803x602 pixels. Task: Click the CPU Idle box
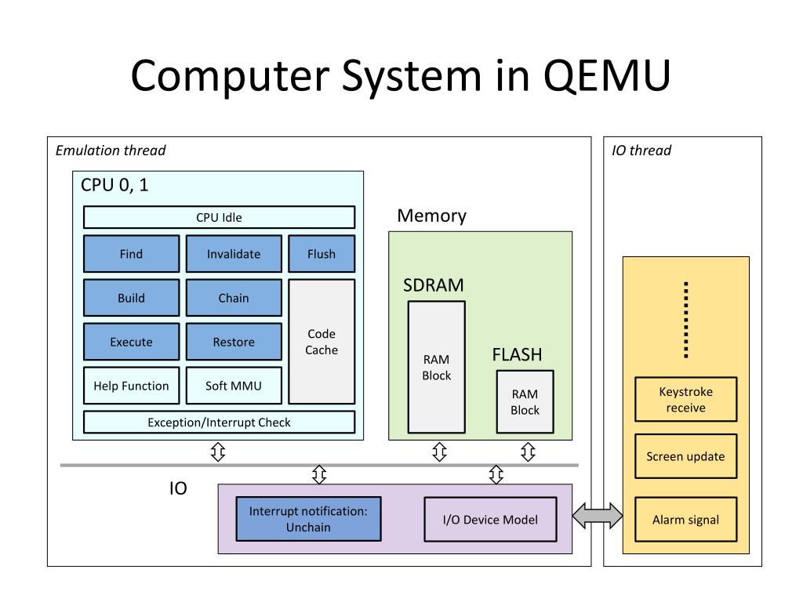(219, 217)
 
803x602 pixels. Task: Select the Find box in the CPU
(131, 254)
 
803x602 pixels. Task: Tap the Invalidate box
(234, 254)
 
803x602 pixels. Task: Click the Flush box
(322, 254)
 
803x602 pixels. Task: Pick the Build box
(131, 298)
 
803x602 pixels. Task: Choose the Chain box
(234, 298)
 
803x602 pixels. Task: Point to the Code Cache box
(322, 342)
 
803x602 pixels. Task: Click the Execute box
(131, 342)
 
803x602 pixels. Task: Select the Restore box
(234, 342)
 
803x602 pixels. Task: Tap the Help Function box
(131, 386)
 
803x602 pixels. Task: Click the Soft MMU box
(234, 386)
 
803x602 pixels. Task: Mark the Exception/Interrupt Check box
(219, 422)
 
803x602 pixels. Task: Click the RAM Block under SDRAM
(436, 368)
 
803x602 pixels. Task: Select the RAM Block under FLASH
(525, 402)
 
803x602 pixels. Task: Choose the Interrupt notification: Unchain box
(308, 519)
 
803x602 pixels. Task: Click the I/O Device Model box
(491, 519)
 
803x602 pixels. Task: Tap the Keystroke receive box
(685, 400)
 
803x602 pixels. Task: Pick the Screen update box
(685, 456)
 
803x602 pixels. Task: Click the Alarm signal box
(685, 519)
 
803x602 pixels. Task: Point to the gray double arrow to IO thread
(598, 516)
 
